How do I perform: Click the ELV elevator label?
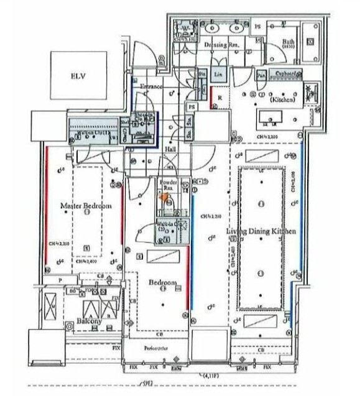click(x=77, y=77)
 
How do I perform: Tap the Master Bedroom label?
click(x=86, y=206)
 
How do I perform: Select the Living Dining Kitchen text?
click(x=261, y=231)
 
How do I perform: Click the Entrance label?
click(x=150, y=87)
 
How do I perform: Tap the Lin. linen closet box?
click(x=218, y=74)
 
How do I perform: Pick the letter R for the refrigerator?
click(x=219, y=98)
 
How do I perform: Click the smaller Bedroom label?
click(x=163, y=283)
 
